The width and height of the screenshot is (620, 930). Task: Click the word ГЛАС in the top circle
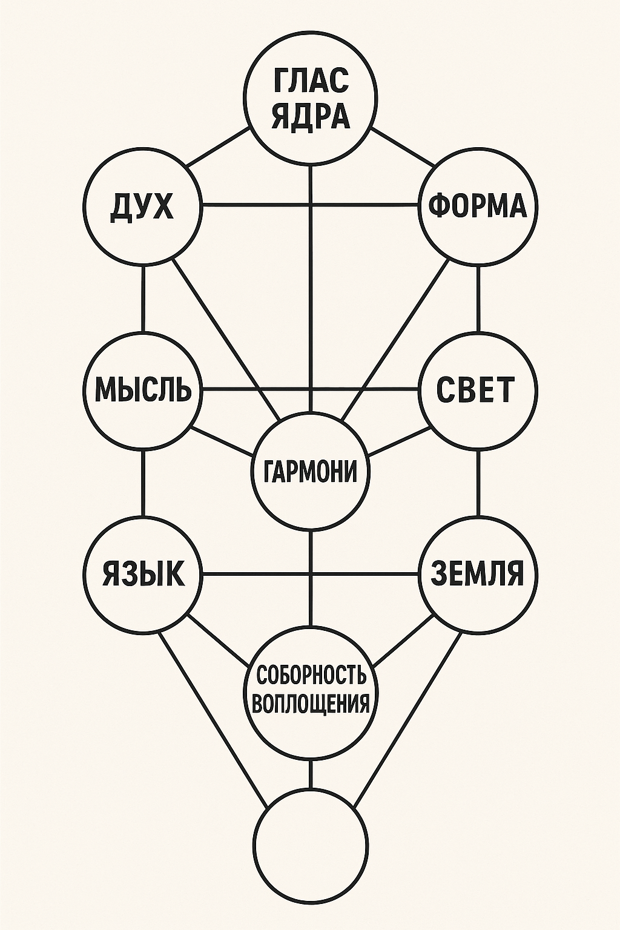click(x=311, y=81)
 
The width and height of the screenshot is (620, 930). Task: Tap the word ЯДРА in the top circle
click(x=311, y=116)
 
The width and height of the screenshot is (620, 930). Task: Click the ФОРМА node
click(x=478, y=206)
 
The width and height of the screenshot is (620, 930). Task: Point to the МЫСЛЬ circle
click(x=143, y=389)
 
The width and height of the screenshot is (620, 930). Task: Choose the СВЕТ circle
click(x=478, y=389)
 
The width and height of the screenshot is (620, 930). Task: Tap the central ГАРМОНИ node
click(x=311, y=472)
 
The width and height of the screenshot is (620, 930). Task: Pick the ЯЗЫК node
click(x=143, y=573)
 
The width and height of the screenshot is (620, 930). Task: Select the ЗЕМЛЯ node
click(x=478, y=573)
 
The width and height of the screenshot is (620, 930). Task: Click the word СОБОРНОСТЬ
click(x=311, y=674)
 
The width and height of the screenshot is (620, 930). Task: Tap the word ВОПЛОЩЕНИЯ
click(x=311, y=704)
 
